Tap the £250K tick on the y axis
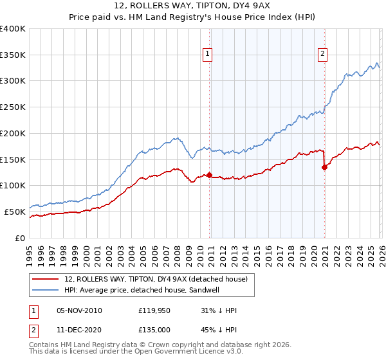(x=13, y=107)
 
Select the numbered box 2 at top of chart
(x=322, y=55)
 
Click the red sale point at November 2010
(x=209, y=175)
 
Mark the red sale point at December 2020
(x=324, y=167)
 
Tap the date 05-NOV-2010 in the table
(x=79, y=310)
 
